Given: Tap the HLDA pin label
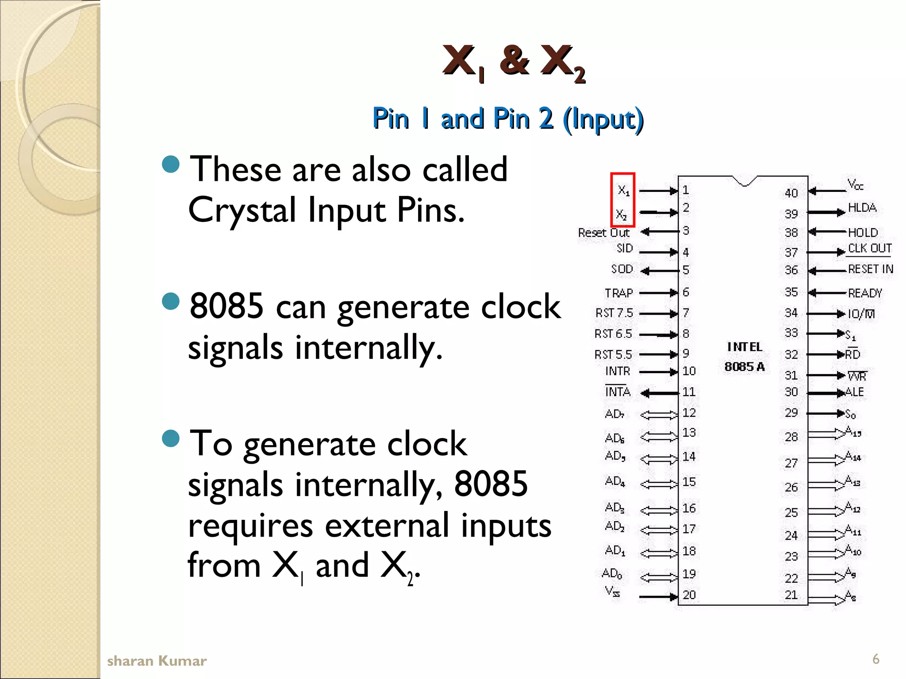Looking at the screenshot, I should [x=862, y=208].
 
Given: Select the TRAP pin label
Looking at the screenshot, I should [x=618, y=293].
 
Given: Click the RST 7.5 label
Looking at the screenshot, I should [x=614, y=313].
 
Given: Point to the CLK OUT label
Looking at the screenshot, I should [x=869, y=248].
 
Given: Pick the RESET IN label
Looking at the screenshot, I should [x=870, y=269].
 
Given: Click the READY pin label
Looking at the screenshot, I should [x=865, y=293].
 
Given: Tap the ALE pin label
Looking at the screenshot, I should [x=854, y=392].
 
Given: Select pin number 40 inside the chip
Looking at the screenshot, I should [x=791, y=193].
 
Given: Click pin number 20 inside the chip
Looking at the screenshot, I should [x=689, y=595].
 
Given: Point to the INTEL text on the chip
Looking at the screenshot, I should [x=745, y=347].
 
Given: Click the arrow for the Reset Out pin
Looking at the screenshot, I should [x=659, y=231].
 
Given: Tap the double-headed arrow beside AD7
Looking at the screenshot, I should [x=659, y=415].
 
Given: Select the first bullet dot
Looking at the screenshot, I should [x=171, y=164].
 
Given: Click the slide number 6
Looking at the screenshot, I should [x=875, y=659].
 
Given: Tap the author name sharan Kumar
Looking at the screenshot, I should [x=157, y=661].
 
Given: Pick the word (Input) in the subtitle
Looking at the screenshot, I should [x=603, y=119].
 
